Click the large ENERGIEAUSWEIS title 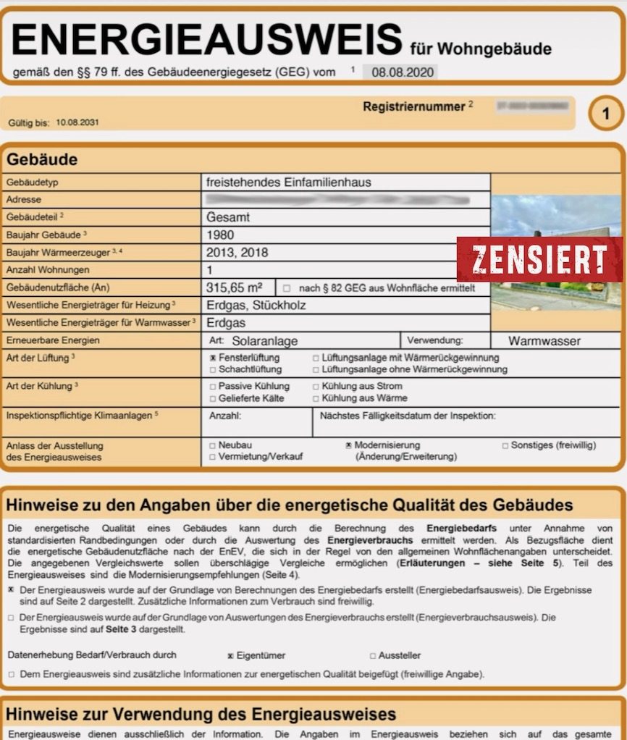pos(206,40)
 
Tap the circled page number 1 pos(606,114)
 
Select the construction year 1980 pos(221,235)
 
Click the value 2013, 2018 pos(237,252)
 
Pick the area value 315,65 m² pos(234,287)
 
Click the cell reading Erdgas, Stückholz pos(256,305)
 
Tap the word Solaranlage pos(265,340)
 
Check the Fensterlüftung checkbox pos(213,358)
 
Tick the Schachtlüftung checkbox pos(213,369)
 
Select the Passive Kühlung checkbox pos(212,387)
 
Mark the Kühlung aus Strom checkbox pos(316,387)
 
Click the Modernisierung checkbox pos(348,445)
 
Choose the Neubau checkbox pos(212,445)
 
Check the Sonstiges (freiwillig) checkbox pos(505,445)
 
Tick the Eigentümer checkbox pos(230,656)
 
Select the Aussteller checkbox pos(373,656)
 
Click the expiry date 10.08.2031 pos(77,122)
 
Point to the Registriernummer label pos(413,106)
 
